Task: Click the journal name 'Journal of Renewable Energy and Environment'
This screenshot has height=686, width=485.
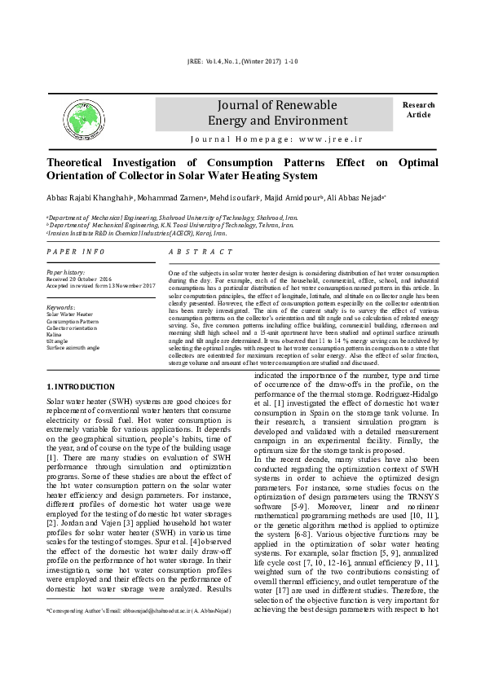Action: (x=272, y=113)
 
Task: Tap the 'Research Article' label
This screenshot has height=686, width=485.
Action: (x=418, y=109)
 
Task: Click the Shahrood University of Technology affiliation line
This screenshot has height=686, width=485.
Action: (x=172, y=218)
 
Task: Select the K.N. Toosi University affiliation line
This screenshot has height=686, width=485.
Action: (x=161, y=225)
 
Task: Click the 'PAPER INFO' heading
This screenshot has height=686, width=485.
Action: (x=76, y=253)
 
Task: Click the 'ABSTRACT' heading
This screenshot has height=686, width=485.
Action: (x=201, y=253)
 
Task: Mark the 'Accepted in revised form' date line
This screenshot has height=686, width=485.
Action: (x=100, y=285)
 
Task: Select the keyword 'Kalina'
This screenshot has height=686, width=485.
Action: (x=55, y=334)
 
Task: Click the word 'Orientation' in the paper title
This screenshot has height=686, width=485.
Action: (x=82, y=176)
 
